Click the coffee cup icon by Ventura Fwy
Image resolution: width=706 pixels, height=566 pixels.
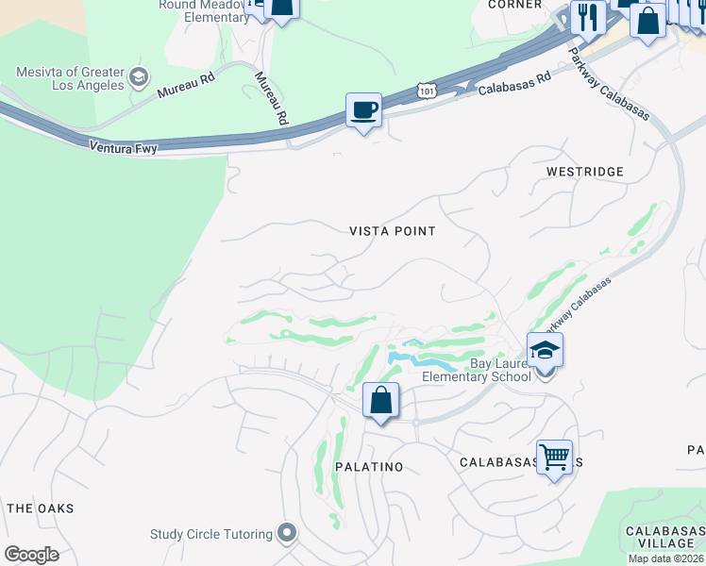tap(363, 111)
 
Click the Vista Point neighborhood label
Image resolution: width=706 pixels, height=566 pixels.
tap(393, 231)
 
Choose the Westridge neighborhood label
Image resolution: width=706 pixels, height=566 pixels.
tap(585, 172)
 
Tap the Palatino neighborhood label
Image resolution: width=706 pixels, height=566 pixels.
tap(369, 467)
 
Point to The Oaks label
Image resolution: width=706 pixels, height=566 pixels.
tap(40, 508)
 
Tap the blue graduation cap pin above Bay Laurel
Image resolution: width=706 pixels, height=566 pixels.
tap(545, 350)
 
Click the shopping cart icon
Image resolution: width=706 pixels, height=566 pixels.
tap(554, 458)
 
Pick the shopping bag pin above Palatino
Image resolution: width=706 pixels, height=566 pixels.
tap(380, 400)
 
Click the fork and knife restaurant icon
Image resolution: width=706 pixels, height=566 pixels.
tap(588, 16)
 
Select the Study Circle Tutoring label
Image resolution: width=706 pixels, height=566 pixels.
tap(211, 534)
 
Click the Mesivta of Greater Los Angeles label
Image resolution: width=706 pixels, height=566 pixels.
tap(70, 78)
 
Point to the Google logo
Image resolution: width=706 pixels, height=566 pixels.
tap(31, 555)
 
